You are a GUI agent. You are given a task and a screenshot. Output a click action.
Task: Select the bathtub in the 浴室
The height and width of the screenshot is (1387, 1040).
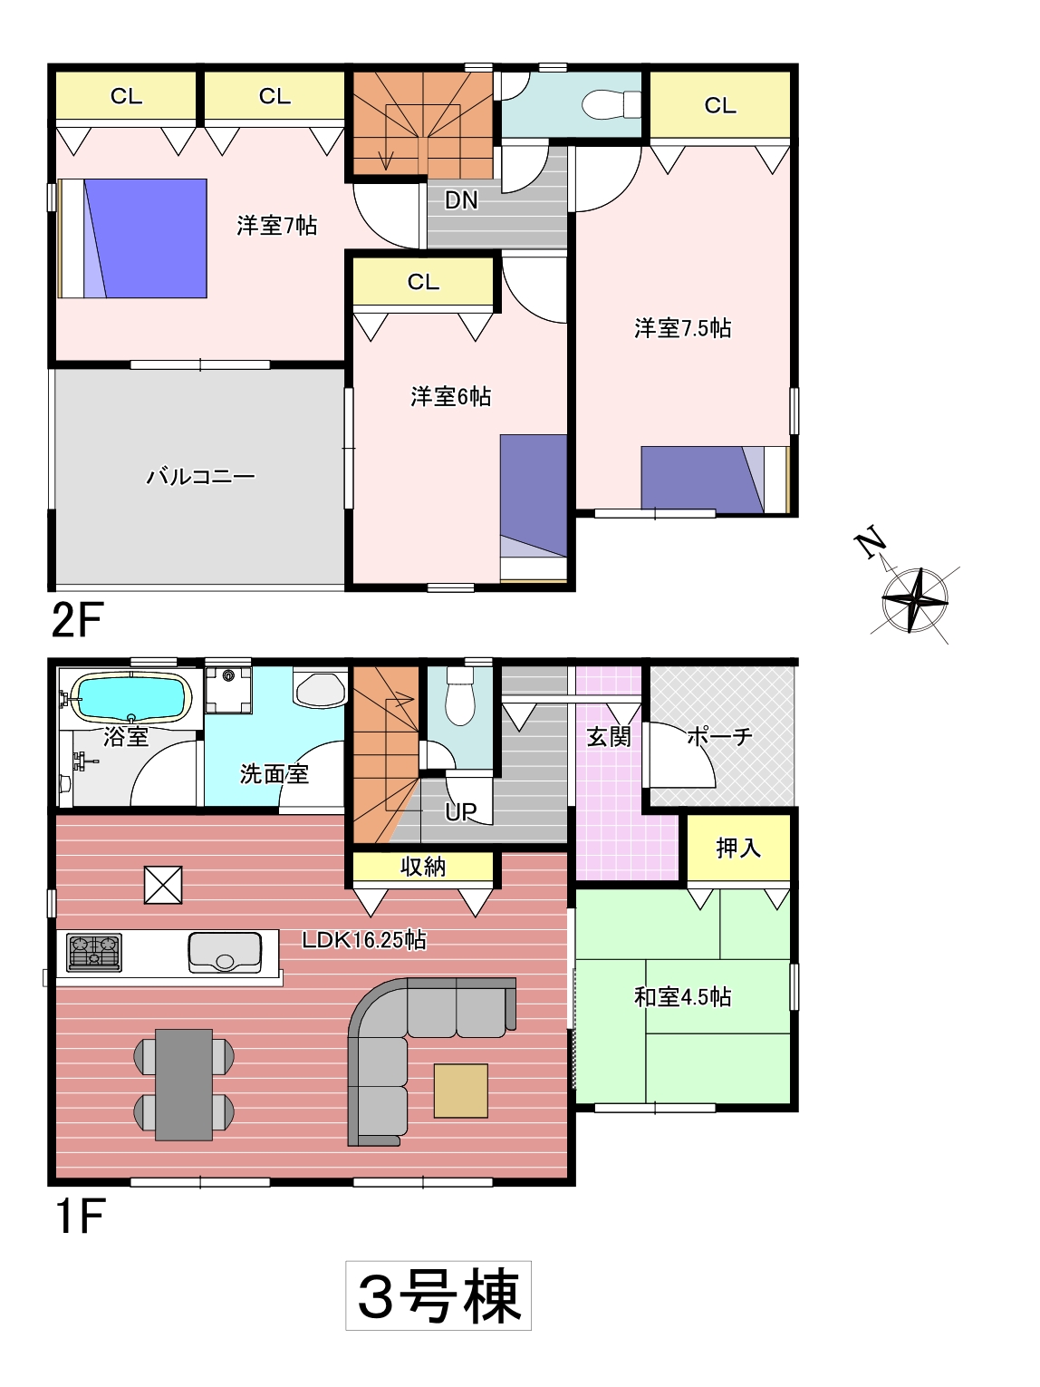pos(130,696)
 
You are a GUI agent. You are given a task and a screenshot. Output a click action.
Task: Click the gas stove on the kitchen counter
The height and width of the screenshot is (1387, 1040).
pos(94,952)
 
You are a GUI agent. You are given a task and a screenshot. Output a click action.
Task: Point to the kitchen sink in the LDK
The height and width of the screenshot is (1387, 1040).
pos(225,952)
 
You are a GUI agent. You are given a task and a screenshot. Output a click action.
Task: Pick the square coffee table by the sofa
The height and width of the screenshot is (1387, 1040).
pos(461,1091)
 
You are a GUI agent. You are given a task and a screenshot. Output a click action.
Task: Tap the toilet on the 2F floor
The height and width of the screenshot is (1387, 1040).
pos(611,104)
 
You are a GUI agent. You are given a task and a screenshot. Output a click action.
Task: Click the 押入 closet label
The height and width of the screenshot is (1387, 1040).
pos(738,848)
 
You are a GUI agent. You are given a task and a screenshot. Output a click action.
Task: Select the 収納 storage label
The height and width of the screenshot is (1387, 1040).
pos(423,867)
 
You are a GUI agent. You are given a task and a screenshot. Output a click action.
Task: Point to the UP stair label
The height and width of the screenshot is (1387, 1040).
pos(460,812)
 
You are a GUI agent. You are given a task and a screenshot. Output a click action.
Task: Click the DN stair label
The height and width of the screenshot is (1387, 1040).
pos(461,200)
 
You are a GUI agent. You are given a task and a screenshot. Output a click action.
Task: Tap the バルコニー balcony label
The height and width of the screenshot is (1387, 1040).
pos(201,476)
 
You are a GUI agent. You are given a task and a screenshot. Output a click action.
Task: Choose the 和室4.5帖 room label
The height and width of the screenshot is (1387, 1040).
pos(682,996)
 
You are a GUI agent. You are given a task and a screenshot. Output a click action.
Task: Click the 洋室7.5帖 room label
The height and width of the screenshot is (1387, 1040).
pos(682,328)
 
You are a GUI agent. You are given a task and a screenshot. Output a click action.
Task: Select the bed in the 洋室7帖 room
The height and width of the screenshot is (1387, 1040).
pos(132,238)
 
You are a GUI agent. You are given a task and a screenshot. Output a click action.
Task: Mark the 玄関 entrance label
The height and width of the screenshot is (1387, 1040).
pos(609,737)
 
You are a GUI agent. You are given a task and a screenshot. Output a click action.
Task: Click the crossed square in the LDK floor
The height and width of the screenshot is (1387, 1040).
pos(164,885)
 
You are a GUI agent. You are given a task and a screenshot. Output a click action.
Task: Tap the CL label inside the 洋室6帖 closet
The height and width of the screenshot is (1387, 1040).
pos(423,282)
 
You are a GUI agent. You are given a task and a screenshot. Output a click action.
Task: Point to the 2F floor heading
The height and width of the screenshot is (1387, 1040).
pos(76,620)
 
